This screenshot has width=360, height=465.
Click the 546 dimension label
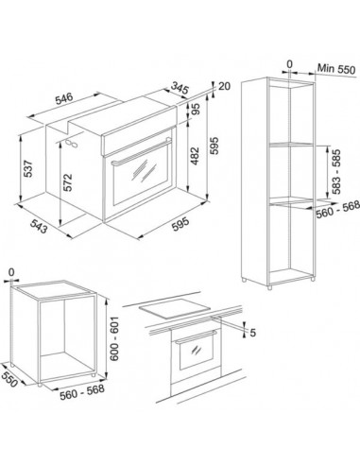coord(64,98)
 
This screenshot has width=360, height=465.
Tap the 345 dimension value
coord(180,88)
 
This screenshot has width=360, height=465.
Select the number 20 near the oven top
coord(224,86)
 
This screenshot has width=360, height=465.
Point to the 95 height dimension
coord(196,109)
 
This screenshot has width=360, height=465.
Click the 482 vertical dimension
coord(196,156)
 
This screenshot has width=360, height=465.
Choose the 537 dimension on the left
coord(28,169)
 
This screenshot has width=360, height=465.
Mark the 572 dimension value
coord(68,182)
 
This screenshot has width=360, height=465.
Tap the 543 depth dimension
coord(39,226)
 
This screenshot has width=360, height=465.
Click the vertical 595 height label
coord(214,146)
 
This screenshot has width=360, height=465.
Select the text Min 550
coord(336,69)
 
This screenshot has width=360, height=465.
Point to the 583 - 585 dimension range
coord(336,172)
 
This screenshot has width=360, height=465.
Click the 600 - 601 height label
coord(114,338)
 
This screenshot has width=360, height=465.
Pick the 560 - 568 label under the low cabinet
coord(82,392)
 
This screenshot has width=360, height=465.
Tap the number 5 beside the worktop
coord(252,333)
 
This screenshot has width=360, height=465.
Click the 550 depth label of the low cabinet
coord(9,380)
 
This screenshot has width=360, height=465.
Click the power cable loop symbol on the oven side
coord(72,144)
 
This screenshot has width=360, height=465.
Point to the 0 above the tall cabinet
coord(289,64)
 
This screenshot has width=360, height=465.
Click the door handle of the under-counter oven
coord(196,336)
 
